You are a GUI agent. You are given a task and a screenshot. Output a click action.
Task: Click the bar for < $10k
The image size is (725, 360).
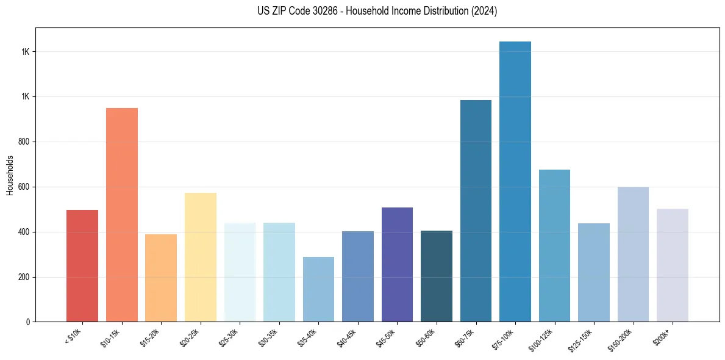pos(82,265)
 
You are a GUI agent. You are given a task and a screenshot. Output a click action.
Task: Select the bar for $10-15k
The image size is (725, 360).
pos(122,215)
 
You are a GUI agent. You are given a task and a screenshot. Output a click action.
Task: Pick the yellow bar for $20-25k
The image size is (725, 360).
pos(201,257)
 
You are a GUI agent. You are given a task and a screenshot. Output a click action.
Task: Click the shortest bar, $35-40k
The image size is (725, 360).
pos(318,289)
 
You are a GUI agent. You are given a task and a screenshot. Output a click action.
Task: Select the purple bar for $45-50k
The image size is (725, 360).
pos(397,264)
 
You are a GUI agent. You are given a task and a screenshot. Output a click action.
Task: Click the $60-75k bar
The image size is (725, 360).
pos(476,211)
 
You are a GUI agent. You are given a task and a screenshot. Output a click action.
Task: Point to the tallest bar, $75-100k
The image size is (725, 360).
pos(515,181)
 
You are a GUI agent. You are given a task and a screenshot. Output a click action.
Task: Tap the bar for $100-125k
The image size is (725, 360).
pos(554,245)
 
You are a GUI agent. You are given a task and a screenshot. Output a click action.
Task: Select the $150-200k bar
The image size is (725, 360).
pos(633,254)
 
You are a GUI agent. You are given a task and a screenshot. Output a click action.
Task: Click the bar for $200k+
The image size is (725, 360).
pos(673,265)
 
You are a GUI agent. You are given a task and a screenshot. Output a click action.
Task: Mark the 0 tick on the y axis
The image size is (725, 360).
pos(28,322)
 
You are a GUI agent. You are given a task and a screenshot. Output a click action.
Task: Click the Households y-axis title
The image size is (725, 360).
pos(10,176)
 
